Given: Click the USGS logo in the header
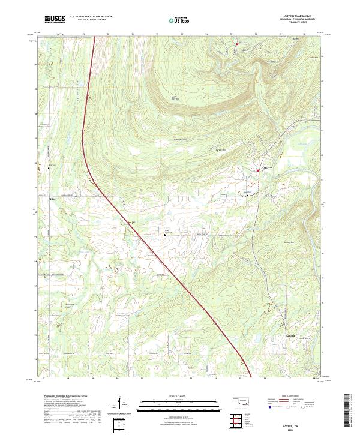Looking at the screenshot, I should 55,19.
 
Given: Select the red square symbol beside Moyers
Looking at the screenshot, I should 259,171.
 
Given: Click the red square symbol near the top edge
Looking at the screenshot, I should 237,44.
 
